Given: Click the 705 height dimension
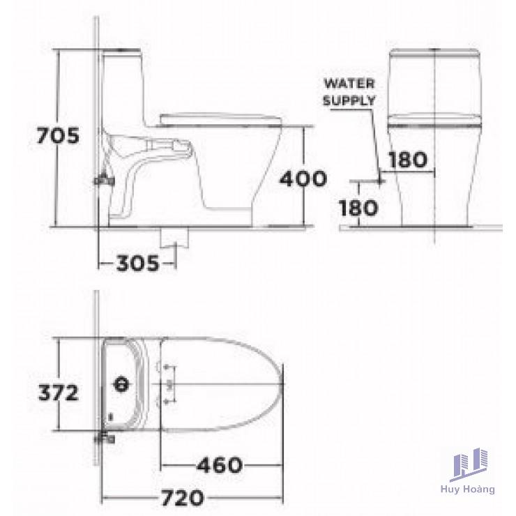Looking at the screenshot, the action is click(58, 135).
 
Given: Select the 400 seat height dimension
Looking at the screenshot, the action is click(303, 179).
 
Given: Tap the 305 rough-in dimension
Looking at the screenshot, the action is click(137, 264).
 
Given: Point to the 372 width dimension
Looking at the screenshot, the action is click(59, 393).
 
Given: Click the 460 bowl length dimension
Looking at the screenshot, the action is click(220, 465).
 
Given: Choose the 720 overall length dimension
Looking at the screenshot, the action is click(182, 498).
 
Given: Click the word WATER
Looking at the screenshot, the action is click(349, 84).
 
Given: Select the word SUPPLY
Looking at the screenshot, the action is click(349, 100).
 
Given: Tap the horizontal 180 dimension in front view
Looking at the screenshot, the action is click(408, 160).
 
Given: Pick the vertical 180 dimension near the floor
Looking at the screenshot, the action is click(358, 208).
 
